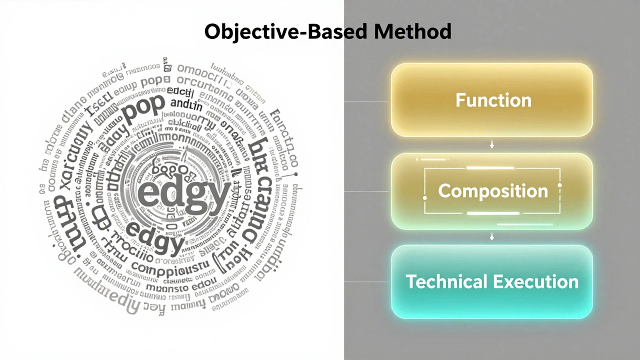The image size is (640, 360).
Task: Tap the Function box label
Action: (x=493, y=100)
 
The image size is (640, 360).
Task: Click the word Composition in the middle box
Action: (x=493, y=191)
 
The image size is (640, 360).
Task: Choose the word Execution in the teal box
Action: (x=535, y=281)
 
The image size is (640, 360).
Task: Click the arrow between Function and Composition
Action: (x=492, y=144)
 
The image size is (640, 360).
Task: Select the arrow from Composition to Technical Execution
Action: (x=492, y=235)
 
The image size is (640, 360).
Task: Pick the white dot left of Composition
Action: (x=425, y=198)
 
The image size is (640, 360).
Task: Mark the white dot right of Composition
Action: (x=559, y=186)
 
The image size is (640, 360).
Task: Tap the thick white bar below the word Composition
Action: (x=493, y=213)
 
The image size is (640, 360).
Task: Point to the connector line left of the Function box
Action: (x=366, y=101)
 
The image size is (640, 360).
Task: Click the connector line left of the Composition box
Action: (x=366, y=191)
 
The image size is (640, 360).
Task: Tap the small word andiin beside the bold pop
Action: (x=186, y=105)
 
